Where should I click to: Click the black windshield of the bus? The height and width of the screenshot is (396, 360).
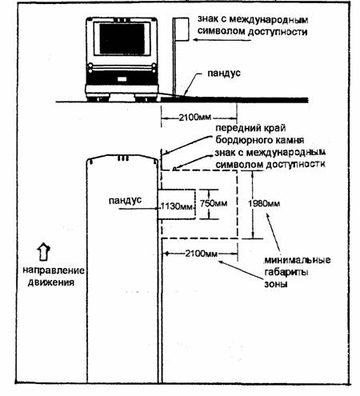click(x=122, y=39)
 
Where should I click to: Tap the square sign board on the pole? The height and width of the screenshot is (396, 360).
click(x=182, y=29)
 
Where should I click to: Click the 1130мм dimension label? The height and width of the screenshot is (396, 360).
click(x=177, y=206)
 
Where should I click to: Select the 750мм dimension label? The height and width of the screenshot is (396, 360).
click(x=214, y=203)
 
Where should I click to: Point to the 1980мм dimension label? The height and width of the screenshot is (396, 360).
click(x=264, y=204)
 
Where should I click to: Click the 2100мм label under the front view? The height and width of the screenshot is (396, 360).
click(x=195, y=118)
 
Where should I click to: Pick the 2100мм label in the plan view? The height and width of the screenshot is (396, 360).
click(x=202, y=254)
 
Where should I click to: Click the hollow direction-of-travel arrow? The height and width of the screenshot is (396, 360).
click(x=43, y=251)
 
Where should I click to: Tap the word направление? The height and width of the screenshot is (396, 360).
click(x=54, y=270)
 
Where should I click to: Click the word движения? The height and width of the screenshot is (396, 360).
click(x=51, y=282)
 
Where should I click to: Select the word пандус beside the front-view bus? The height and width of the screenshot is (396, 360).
click(x=224, y=73)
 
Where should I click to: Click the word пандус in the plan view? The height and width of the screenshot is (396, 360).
click(x=125, y=200)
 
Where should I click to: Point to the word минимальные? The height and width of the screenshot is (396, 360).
click(x=298, y=260)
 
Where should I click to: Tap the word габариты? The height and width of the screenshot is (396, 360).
click(x=286, y=272)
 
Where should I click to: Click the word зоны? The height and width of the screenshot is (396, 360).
click(x=276, y=284)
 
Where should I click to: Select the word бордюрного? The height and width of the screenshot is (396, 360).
click(x=241, y=140)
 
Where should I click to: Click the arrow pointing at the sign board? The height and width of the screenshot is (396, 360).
click(x=222, y=40)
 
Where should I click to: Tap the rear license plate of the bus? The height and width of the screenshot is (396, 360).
click(x=122, y=79)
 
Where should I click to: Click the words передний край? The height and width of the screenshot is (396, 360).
click(x=250, y=128)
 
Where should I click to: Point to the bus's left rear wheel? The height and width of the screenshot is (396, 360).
click(x=98, y=98)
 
